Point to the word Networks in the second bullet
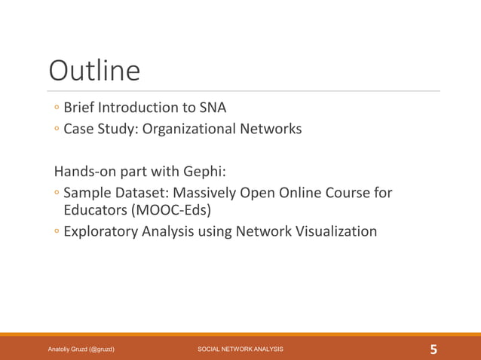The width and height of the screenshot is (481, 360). pos(271,129)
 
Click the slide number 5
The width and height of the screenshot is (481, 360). pos(434,349)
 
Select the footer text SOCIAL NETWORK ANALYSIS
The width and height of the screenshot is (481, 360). pos(240,349)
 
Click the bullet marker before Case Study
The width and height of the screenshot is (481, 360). pos(56,130)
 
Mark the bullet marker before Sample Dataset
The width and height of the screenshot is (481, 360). pos(56,193)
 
